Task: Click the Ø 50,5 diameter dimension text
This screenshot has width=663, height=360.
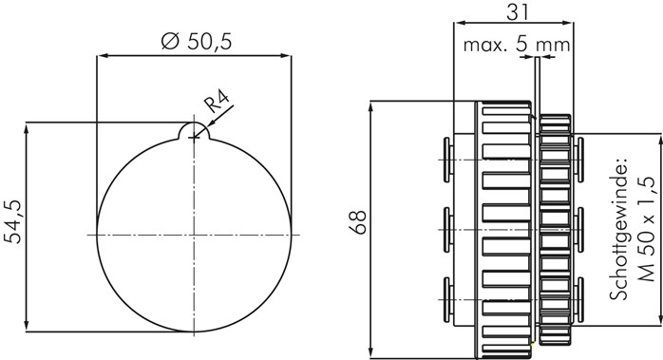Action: (x=197, y=42)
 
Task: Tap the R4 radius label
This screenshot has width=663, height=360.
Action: (x=217, y=102)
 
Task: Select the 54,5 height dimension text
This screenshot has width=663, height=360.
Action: (x=13, y=221)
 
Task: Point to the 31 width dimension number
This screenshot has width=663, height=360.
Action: (x=518, y=12)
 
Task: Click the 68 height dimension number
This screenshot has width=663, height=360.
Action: (x=358, y=221)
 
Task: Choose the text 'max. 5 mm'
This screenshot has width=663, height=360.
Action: (x=517, y=44)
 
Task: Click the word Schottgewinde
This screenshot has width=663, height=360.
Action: (x=617, y=229)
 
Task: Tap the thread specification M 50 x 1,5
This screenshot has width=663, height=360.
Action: (x=646, y=229)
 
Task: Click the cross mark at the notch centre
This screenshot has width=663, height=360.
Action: (x=194, y=137)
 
